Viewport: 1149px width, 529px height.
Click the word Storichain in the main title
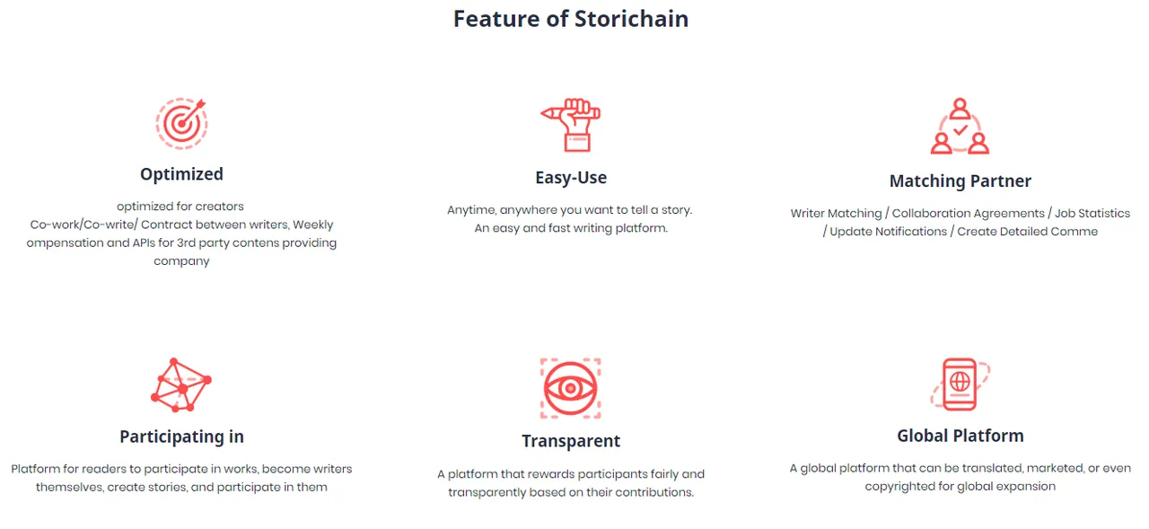coord(631,19)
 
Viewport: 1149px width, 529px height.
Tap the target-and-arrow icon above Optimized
coord(181,124)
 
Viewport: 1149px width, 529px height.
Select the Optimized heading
coord(181,174)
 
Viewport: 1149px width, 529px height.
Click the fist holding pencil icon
coord(570,125)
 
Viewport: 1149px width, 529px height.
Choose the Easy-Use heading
coord(571,178)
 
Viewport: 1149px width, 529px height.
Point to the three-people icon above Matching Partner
coord(960,127)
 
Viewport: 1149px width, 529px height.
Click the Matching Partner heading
coord(960,181)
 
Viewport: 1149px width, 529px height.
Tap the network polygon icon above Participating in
coord(181,384)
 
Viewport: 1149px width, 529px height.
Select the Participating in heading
coord(181,436)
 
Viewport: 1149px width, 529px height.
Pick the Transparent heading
coord(571,441)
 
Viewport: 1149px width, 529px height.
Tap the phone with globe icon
coord(960,384)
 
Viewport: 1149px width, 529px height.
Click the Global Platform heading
coord(960,436)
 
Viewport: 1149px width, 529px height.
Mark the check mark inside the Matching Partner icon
coord(960,130)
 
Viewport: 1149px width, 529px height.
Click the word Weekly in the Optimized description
coord(313,225)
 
